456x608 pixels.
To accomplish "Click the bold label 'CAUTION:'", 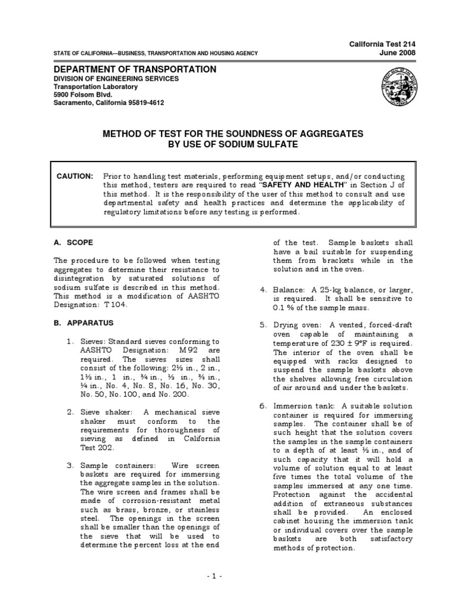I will coord(75,176).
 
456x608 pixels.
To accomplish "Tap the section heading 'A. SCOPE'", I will coord(73,243).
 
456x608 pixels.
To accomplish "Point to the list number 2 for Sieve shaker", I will coord(69,412).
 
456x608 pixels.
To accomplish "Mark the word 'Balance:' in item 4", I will coord(289,290).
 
